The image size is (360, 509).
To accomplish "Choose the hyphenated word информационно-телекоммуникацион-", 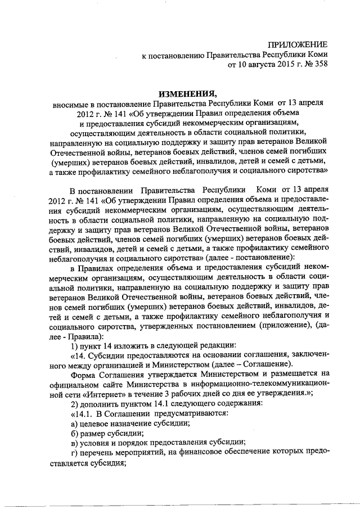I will [x=267, y=384].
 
